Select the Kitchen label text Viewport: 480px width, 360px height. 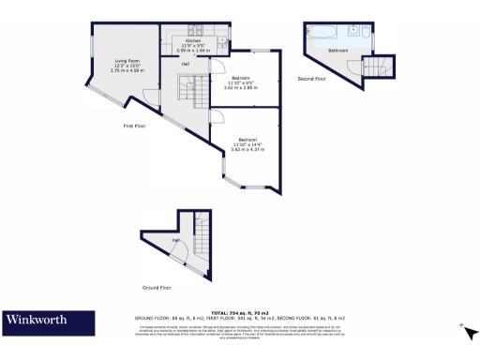[193, 41]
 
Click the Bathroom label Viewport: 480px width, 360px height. [337, 50]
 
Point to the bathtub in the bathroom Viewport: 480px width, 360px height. [319, 35]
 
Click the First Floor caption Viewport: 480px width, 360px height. [135, 126]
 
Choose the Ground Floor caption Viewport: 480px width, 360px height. [157, 287]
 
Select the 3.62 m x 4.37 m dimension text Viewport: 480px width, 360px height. [248, 148]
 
